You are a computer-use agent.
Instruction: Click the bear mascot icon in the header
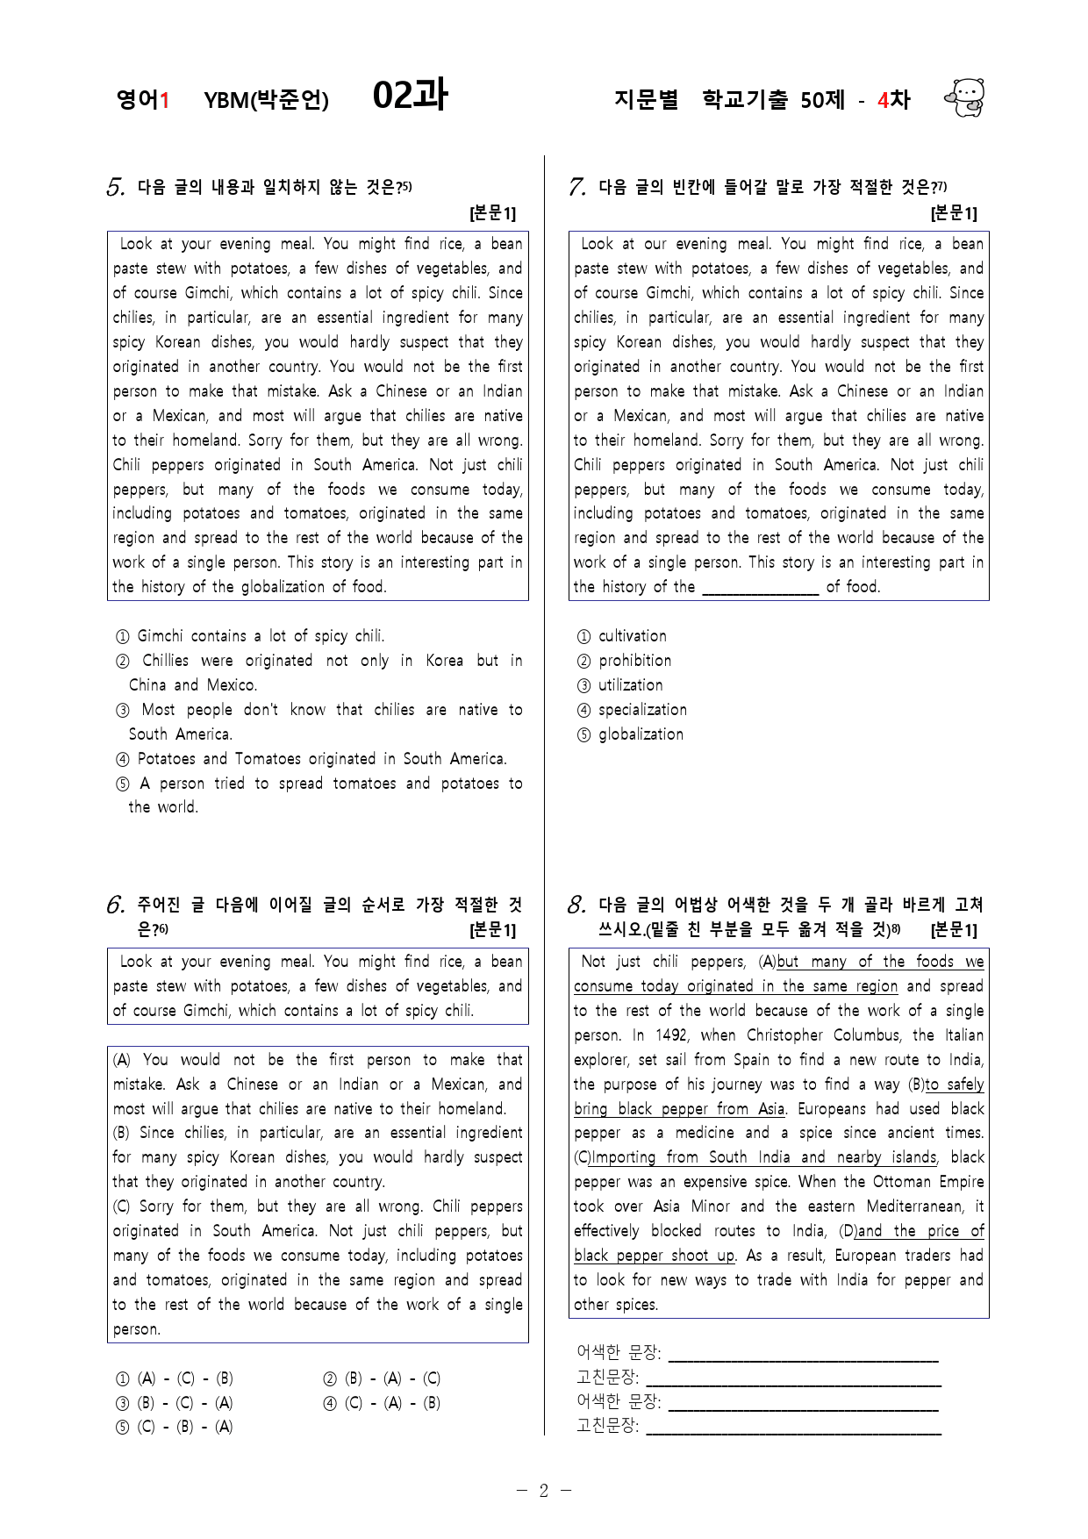(x=964, y=97)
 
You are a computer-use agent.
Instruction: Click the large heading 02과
(x=410, y=95)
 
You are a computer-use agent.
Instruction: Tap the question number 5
(x=115, y=188)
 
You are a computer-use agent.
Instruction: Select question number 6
(x=115, y=905)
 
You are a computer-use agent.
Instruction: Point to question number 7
(x=576, y=188)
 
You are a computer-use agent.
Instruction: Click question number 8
(x=576, y=905)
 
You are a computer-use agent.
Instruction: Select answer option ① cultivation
(x=622, y=636)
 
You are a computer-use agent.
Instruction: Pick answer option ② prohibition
(x=624, y=661)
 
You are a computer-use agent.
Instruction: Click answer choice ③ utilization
(x=620, y=685)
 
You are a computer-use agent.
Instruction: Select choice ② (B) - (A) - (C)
(x=382, y=1378)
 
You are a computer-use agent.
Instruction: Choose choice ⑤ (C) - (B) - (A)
(x=175, y=1427)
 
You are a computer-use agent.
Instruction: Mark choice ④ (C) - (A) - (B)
(x=382, y=1403)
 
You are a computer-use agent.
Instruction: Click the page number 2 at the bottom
(x=543, y=1491)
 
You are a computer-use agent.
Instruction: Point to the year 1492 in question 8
(x=670, y=1035)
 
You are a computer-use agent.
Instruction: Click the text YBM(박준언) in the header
(x=266, y=100)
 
